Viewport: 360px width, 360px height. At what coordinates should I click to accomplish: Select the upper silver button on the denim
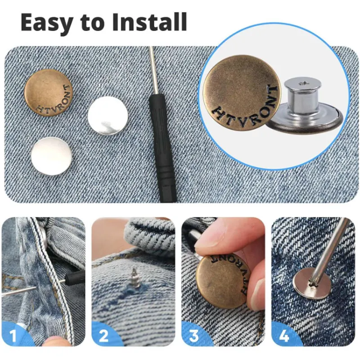click(108, 116)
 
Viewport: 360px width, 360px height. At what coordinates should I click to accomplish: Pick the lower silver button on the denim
click(52, 156)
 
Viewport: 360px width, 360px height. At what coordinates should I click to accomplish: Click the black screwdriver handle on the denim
click(162, 147)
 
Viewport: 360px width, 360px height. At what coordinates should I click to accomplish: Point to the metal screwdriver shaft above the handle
click(153, 70)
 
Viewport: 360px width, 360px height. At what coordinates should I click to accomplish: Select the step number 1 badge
click(13, 336)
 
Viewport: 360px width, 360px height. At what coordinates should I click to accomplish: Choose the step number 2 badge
click(104, 336)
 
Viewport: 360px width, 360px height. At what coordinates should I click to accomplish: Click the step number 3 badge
click(194, 336)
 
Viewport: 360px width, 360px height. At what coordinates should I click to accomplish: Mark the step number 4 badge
click(284, 336)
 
